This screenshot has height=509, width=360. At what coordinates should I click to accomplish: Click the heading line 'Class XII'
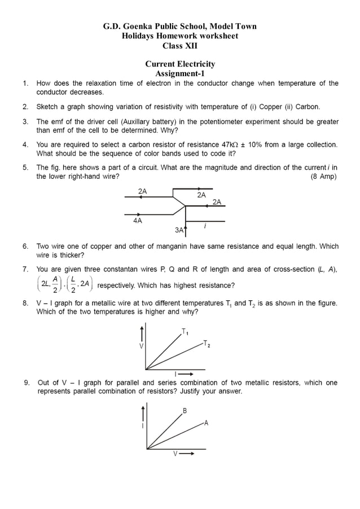[x=180, y=46]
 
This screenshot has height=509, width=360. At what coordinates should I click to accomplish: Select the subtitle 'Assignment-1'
[x=180, y=73]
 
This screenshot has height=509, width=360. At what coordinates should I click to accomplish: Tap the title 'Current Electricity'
[x=180, y=64]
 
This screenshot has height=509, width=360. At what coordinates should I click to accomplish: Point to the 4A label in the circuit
[x=138, y=221]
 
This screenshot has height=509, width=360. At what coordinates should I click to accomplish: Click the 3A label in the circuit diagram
[x=179, y=230]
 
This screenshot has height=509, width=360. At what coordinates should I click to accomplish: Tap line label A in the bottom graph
[x=206, y=423]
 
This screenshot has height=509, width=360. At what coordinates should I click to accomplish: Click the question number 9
[x=26, y=383]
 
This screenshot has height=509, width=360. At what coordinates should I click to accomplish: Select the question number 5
[x=26, y=168]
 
